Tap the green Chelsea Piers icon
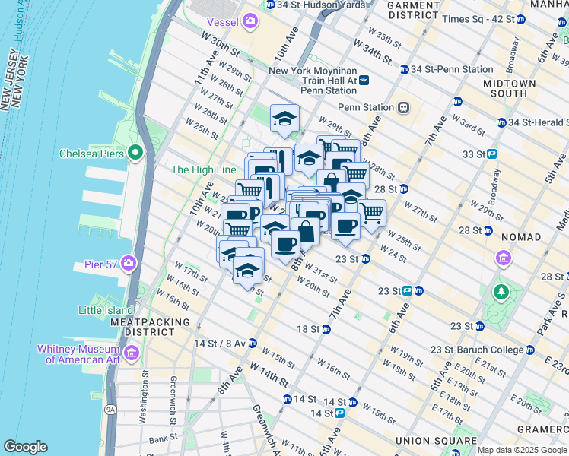tap(136, 154)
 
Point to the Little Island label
tap(105, 309)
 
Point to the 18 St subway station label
tap(308, 329)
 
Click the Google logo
tap(25, 448)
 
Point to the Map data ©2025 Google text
tap(522, 450)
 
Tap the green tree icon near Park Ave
tap(501, 292)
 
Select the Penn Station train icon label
tap(369, 108)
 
